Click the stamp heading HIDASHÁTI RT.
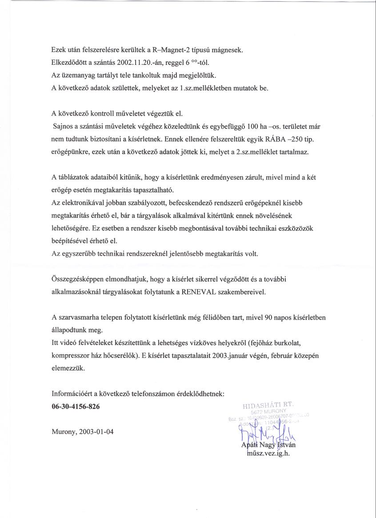(272, 405)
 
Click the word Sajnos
(63, 126)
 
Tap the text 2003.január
(236, 356)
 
